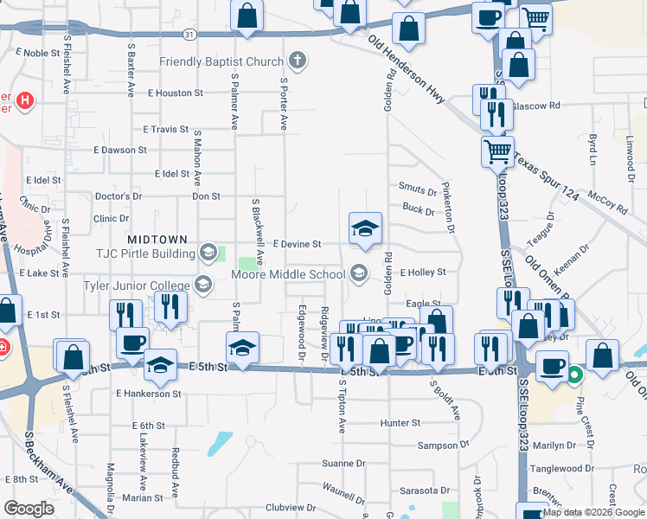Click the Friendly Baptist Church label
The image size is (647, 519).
[221, 61]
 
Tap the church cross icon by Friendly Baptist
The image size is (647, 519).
[298, 61]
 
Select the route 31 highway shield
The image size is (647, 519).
[190, 34]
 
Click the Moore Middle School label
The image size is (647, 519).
[289, 275]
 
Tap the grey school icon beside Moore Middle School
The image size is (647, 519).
[359, 274]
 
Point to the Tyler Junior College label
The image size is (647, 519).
[136, 285]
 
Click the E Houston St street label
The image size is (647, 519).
[176, 93]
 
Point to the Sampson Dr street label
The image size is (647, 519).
[442, 445]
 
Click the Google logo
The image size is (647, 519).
[29, 508]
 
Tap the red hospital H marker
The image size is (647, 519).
[26, 100]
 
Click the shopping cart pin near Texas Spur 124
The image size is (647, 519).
[497, 152]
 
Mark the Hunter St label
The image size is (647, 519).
[400, 424]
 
